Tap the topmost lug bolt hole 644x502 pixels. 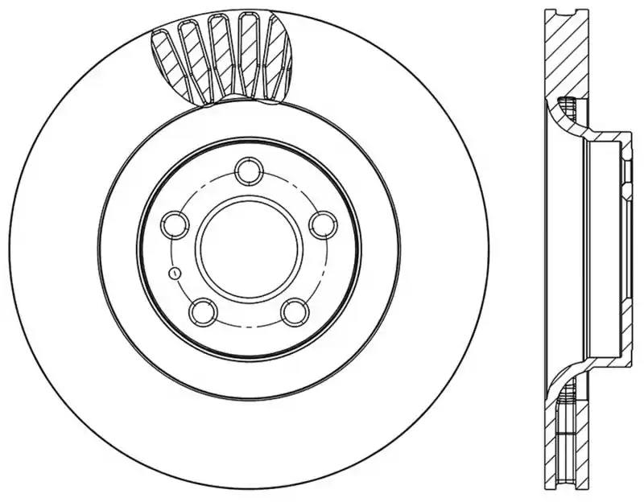click(x=246, y=172)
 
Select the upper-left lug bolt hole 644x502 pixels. click(x=174, y=224)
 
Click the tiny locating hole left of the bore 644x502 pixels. click(x=172, y=273)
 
